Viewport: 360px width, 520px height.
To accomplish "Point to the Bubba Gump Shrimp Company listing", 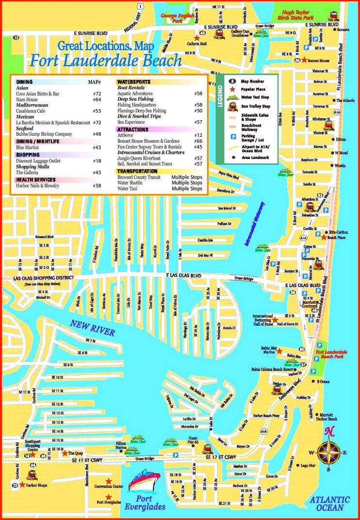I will point(44,134).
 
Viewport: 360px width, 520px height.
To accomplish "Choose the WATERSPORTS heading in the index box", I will point(134,82).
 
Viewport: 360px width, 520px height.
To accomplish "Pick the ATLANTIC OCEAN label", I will point(329,504).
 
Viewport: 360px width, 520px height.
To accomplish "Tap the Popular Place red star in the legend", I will point(232,89).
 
